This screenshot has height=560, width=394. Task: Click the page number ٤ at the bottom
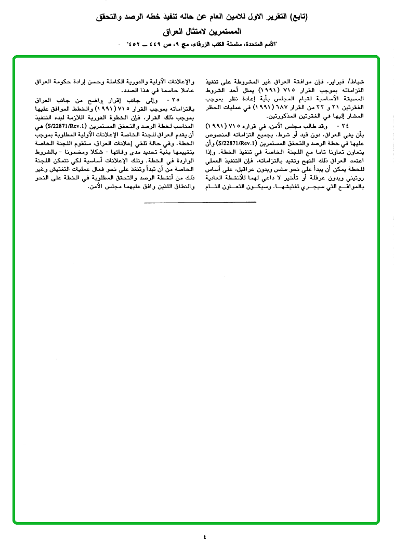(204, 537)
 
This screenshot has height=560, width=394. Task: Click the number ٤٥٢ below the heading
(131, 45)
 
